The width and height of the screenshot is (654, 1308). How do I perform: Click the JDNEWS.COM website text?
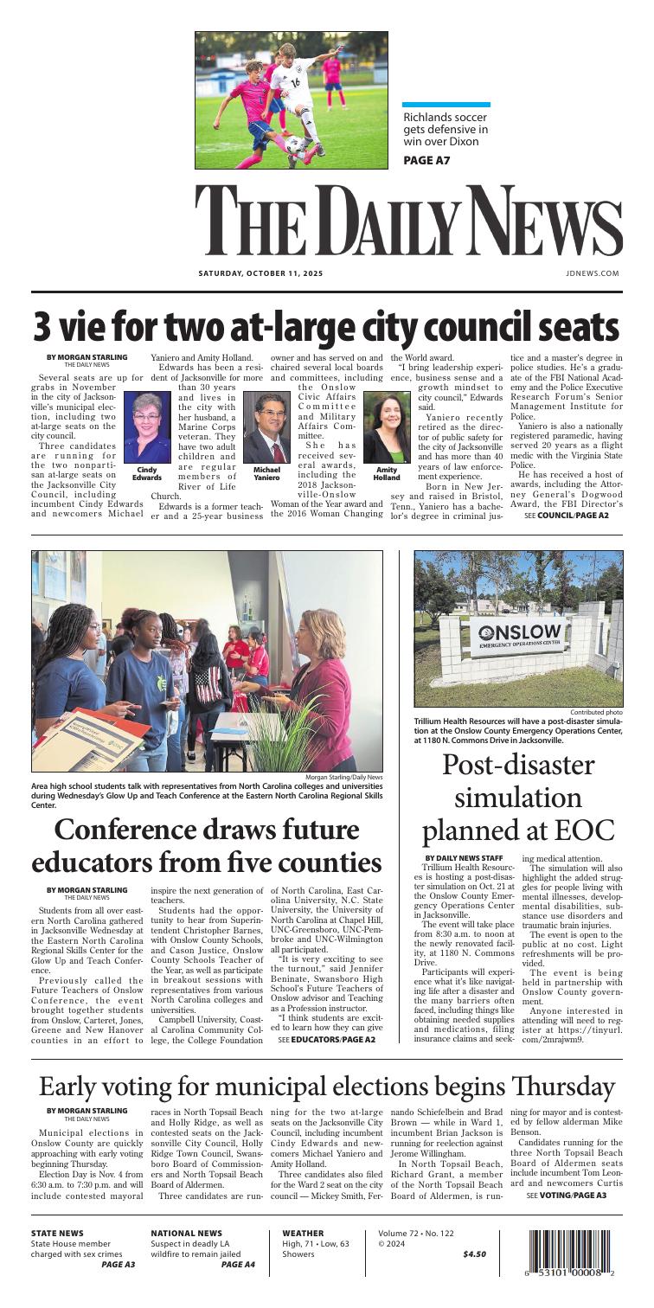pos(598,271)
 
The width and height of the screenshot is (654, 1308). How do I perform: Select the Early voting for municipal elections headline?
pos(326,1072)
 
